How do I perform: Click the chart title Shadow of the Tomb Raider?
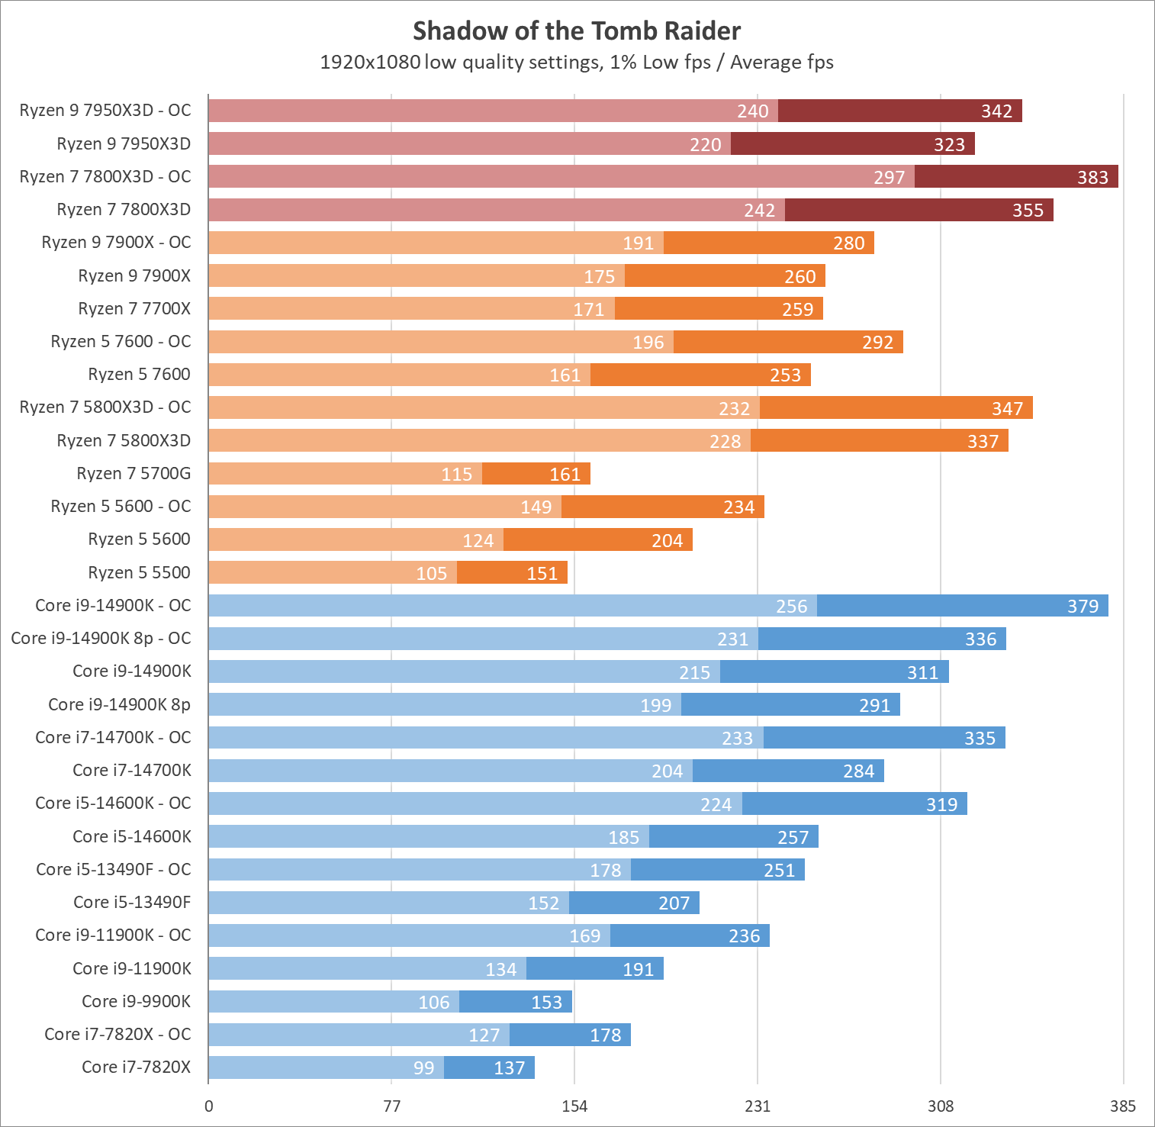click(577, 31)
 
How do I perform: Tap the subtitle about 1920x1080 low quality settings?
click(577, 63)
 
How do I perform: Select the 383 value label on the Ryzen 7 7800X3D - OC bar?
click(1092, 178)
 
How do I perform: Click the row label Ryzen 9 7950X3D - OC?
click(105, 111)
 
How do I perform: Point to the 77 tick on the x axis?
click(391, 1106)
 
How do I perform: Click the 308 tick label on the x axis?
click(941, 1106)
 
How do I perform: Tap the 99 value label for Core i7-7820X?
click(423, 1068)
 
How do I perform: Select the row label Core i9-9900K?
click(136, 1001)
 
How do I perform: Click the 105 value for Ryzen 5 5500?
click(431, 574)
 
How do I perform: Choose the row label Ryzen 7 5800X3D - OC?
click(105, 407)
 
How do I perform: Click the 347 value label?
click(1007, 409)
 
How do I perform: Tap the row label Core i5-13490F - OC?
click(114, 869)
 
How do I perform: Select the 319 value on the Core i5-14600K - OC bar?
click(941, 805)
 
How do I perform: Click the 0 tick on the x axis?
click(209, 1106)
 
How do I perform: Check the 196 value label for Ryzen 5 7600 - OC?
click(648, 343)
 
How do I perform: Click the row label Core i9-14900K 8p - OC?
click(101, 639)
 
